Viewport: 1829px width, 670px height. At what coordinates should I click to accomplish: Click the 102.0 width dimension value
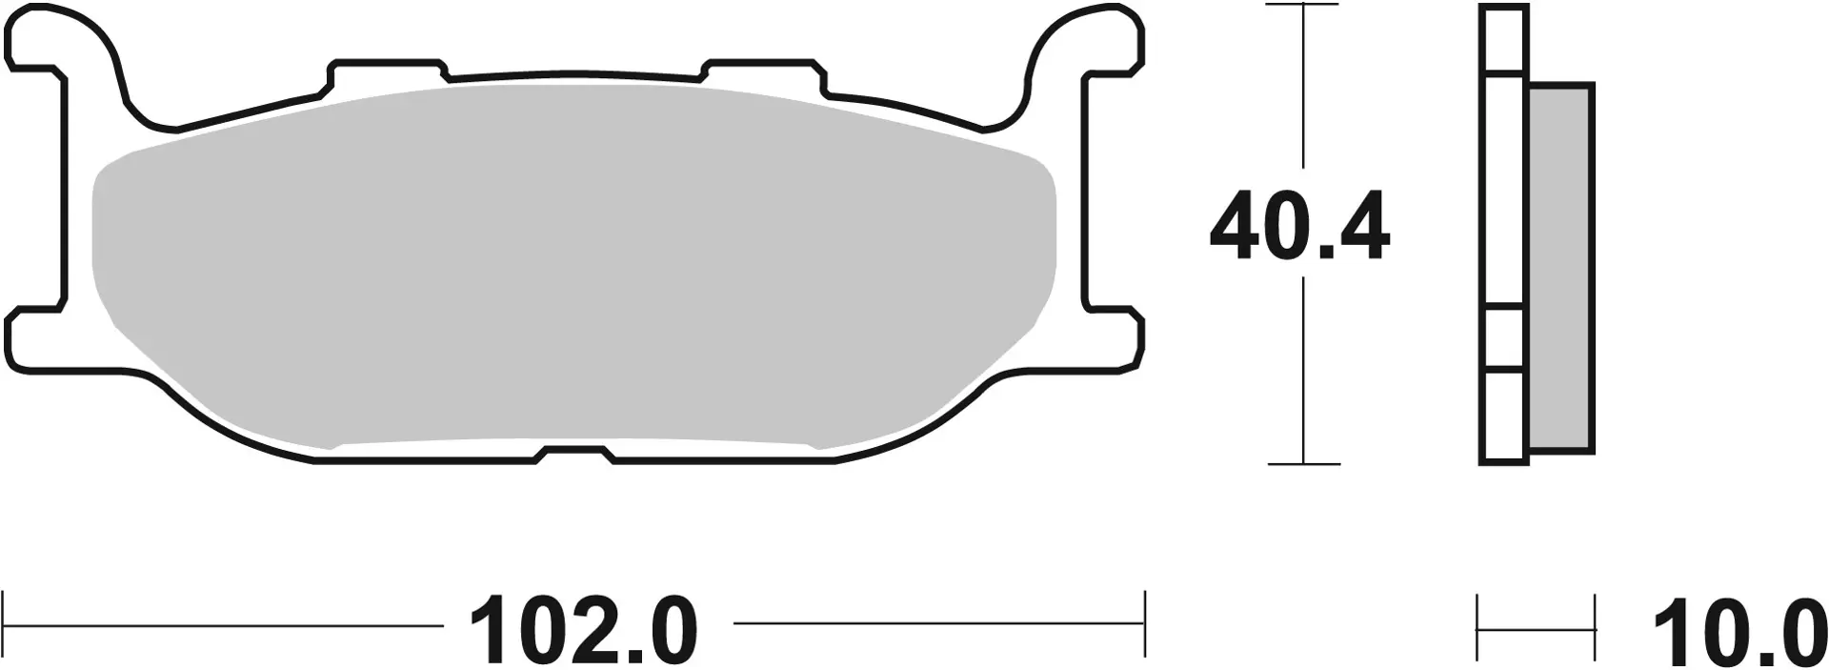click(x=584, y=630)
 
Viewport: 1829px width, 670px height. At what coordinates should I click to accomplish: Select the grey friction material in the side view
click(x=1559, y=267)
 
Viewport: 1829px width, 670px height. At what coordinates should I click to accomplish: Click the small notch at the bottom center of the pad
click(x=575, y=455)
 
